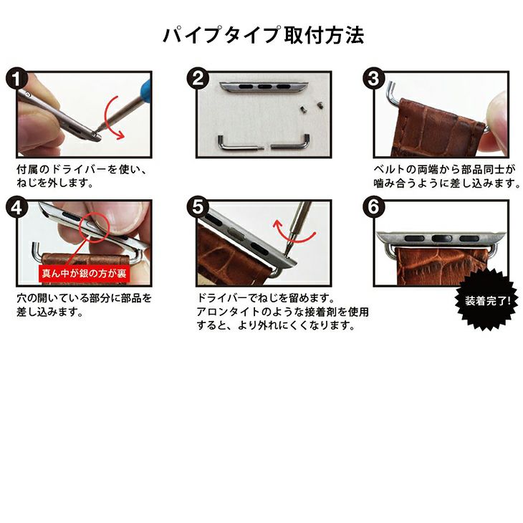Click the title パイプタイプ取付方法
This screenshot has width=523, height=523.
263,35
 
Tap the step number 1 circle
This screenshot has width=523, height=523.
16,79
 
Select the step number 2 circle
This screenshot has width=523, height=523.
198,79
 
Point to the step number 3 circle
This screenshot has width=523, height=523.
373,79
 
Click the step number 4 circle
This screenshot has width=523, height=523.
16,207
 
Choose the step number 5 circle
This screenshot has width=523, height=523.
198,207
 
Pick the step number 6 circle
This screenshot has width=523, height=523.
373,207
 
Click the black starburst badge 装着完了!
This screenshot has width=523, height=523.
487,301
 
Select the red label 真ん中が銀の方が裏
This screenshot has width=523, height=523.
84,274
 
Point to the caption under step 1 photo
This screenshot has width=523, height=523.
82,176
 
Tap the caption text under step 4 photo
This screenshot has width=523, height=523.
84,305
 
